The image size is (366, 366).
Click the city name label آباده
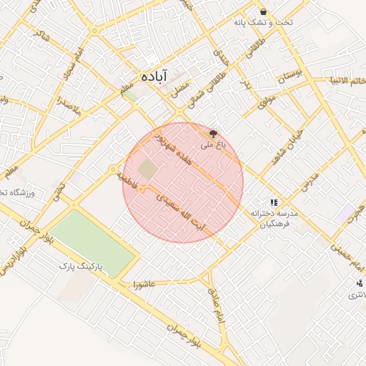pyautogui.click(x=154, y=76)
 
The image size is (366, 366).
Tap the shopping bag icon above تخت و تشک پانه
pyautogui.click(x=264, y=11)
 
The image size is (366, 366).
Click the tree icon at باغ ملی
pyautogui.click(x=212, y=133)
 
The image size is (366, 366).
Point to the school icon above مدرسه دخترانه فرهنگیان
pyautogui.click(x=274, y=202)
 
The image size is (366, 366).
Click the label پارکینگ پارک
pyautogui.click(x=81, y=265)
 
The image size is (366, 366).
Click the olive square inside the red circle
pyautogui.click(x=147, y=170)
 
